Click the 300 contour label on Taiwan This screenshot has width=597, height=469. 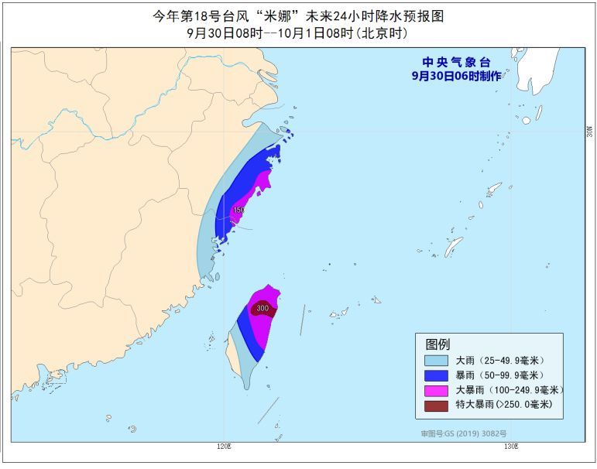(x=262, y=309)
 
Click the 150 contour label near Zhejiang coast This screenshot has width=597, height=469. (x=238, y=210)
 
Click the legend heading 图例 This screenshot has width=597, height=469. (x=437, y=344)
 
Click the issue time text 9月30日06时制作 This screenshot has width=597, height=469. (x=456, y=76)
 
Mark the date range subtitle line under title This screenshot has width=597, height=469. (x=297, y=33)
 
